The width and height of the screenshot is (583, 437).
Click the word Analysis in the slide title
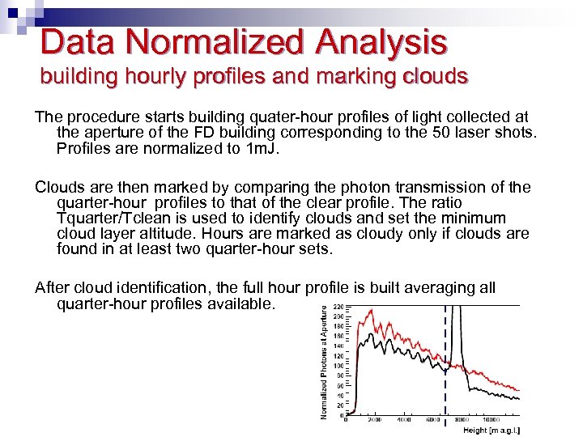pos(382,42)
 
